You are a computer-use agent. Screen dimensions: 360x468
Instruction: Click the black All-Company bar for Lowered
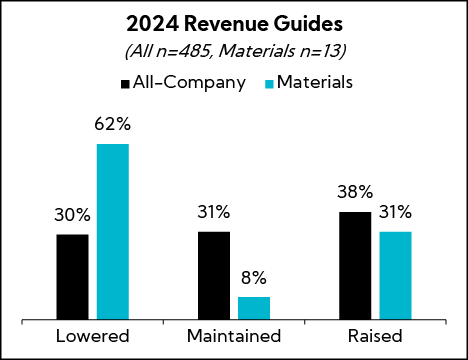tap(73, 277)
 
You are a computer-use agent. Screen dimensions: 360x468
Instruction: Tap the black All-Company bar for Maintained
tap(214, 275)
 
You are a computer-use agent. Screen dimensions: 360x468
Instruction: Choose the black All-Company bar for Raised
tap(355, 265)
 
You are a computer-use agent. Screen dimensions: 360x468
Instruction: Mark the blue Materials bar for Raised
tap(395, 275)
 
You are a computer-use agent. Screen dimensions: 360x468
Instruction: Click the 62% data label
tap(113, 126)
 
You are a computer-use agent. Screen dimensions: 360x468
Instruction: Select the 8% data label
tap(254, 279)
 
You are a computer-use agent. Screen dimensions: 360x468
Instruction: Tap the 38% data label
tap(355, 191)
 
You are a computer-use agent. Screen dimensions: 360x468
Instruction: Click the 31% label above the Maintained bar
tap(214, 212)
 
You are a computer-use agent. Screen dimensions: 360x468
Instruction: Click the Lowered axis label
tap(93, 335)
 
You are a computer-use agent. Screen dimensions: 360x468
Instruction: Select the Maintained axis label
tap(234, 335)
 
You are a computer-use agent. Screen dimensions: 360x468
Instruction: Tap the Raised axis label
tap(375, 335)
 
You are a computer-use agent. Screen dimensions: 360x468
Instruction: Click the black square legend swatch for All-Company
tap(126, 83)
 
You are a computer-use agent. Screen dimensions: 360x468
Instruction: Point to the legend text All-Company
tap(190, 83)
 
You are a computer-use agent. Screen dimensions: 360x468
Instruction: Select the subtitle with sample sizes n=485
tap(234, 52)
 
